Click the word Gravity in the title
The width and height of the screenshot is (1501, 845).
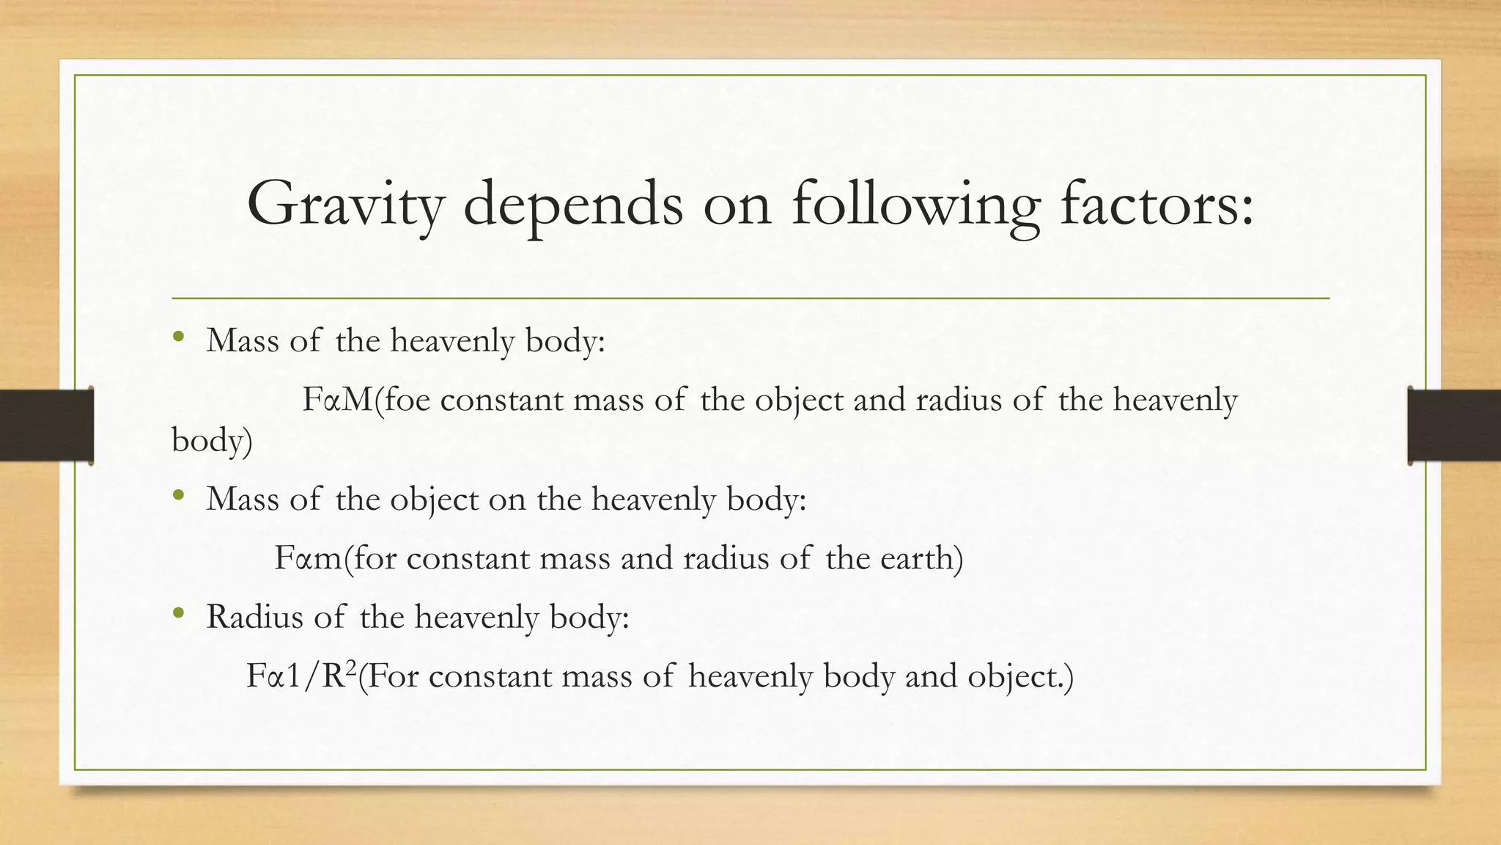tap(345, 203)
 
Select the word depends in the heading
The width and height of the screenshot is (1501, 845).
tap(572, 203)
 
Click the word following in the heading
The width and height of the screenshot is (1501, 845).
tap(915, 203)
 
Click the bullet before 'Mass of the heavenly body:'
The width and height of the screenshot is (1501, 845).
tap(178, 338)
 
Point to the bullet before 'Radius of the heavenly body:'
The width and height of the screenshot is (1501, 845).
tap(178, 614)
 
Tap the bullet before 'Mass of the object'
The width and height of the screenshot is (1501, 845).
tap(178, 497)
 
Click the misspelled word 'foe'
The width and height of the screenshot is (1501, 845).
tap(408, 400)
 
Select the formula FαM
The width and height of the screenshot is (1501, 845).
tap(338, 400)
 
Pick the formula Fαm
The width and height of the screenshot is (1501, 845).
tap(308, 558)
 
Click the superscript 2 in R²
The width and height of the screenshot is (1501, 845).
tap(351, 667)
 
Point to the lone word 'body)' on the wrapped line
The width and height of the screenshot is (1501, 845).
tap(212, 441)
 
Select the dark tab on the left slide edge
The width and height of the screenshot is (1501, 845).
tap(46, 425)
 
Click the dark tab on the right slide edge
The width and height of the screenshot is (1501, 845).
tap(1454, 425)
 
